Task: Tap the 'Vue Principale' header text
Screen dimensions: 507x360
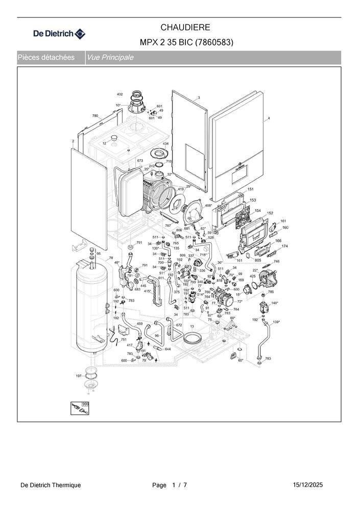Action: click(x=110, y=58)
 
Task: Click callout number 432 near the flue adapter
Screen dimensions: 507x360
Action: click(x=120, y=94)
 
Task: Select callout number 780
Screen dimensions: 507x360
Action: click(x=95, y=116)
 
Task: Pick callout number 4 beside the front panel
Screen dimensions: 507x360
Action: click(x=269, y=118)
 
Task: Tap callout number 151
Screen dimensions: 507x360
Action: click(x=251, y=189)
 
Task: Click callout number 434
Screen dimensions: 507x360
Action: click(x=165, y=144)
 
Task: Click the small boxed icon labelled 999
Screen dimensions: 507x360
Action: click(x=78, y=408)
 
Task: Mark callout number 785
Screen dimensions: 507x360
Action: click(x=271, y=292)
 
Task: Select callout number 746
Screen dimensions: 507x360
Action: click(x=277, y=261)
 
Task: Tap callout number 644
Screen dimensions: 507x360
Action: click(x=167, y=349)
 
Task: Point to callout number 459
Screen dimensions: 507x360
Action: click(x=139, y=324)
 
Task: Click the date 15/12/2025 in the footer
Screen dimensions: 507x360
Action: click(x=308, y=485)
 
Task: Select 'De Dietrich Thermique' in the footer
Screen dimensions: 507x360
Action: click(x=51, y=485)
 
